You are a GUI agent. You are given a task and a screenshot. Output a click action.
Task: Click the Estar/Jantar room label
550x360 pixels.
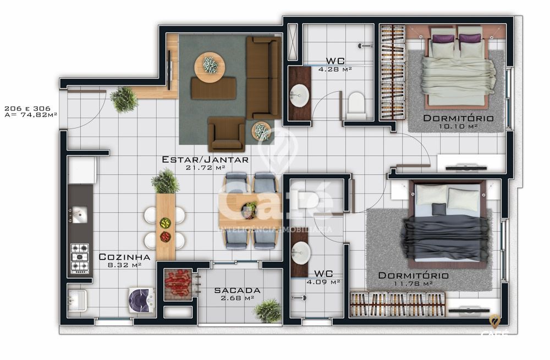[x=205, y=159]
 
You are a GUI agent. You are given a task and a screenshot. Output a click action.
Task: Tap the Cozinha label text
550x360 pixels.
[x=124, y=257]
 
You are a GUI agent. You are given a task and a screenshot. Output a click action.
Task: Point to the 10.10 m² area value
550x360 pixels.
[x=457, y=126]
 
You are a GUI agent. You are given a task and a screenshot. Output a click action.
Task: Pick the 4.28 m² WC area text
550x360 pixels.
[x=335, y=69]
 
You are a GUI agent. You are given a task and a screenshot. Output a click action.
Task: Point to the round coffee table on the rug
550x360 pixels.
[x=210, y=67]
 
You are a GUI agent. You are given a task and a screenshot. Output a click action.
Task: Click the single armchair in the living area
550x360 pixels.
[x=226, y=135]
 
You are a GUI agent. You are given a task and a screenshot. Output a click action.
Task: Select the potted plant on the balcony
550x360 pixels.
[x=268, y=311]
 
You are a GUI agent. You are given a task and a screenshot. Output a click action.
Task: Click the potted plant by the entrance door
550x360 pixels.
[x=124, y=99]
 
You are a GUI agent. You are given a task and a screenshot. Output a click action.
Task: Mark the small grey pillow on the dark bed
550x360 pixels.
[x=439, y=209]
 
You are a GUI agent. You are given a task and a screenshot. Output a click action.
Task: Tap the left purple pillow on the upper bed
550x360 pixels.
[x=443, y=38]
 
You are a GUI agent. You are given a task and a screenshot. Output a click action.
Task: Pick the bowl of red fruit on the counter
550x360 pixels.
[x=165, y=236]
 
